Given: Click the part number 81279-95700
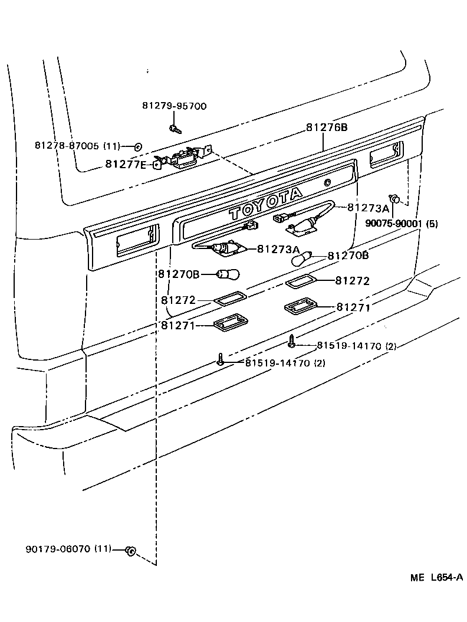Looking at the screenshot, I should (x=174, y=106).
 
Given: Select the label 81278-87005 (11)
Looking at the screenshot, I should (x=77, y=146).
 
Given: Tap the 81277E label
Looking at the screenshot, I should (x=126, y=164).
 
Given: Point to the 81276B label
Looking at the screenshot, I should (x=327, y=127).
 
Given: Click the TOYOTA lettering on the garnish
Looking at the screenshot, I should (x=266, y=202).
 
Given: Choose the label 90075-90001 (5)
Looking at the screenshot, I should (x=401, y=224).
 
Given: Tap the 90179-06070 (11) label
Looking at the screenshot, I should (x=68, y=549).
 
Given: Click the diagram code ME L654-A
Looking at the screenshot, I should (x=436, y=578).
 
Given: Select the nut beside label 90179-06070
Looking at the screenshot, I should (x=131, y=551).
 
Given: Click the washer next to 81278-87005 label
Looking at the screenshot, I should (x=137, y=146).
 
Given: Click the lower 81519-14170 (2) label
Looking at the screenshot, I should (x=285, y=362).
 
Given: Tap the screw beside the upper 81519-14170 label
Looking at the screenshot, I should (x=291, y=341).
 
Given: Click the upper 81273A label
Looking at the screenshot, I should (x=368, y=208).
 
